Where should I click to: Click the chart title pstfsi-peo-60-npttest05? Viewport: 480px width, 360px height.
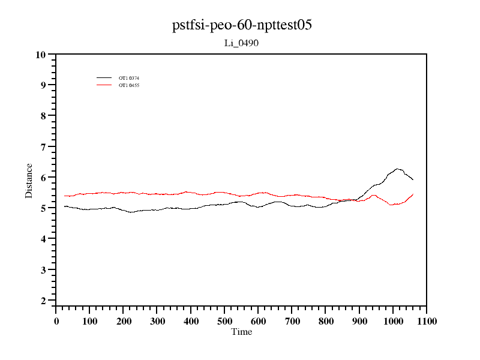[x=241, y=25]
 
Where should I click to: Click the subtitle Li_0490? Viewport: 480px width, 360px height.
[x=241, y=43]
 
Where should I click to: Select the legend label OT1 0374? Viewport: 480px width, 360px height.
[x=129, y=78]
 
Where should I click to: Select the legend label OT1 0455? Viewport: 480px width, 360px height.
[x=129, y=85]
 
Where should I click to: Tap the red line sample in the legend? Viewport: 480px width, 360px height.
[x=104, y=85]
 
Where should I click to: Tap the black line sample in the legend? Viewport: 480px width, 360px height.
[x=104, y=78]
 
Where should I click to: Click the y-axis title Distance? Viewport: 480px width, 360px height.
[x=29, y=180]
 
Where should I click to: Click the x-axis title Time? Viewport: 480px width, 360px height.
[x=242, y=332]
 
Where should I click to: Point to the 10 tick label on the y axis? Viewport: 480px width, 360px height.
[x=41, y=55]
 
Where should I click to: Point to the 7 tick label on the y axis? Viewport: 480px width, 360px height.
[x=43, y=147]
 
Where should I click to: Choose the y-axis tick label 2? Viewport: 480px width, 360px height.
[x=43, y=301]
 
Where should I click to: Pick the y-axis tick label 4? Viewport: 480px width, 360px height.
[x=43, y=239]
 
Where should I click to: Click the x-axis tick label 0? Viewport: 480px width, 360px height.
[x=56, y=321]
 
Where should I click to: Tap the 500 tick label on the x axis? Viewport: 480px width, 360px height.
[x=224, y=321]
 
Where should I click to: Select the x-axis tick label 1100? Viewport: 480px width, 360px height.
[x=426, y=321]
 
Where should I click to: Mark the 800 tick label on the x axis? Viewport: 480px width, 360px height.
[x=325, y=321]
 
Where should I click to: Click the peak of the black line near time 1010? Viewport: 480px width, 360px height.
[x=397, y=169]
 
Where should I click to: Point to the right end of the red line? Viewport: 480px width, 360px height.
[x=413, y=194]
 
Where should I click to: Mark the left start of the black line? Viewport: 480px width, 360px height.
[x=64, y=206]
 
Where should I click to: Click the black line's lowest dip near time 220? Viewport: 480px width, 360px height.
[x=131, y=212]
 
